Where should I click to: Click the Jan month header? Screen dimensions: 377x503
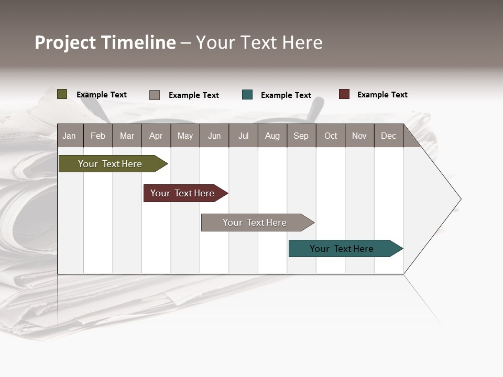(69, 136)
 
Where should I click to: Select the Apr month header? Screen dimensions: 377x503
(156, 136)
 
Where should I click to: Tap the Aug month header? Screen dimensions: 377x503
(272, 136)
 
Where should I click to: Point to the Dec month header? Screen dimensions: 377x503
(388, 136)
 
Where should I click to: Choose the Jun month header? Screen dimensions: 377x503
(214, 136)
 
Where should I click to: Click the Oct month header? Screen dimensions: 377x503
(330, 136)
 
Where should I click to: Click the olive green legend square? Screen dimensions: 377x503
(62, 94)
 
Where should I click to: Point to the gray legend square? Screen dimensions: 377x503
(154, 95)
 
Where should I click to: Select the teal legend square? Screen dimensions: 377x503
(247, 95)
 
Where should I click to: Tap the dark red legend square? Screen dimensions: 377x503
(344, 94)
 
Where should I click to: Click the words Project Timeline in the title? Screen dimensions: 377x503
(105, 42)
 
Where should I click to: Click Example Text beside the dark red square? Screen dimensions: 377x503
(382, 95)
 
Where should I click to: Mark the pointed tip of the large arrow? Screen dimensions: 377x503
(460, 199)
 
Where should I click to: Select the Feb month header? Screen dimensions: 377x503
(97, 136)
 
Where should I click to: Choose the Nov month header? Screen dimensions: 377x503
(359, 136)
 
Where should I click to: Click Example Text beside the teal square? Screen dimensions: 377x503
(286, 95)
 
